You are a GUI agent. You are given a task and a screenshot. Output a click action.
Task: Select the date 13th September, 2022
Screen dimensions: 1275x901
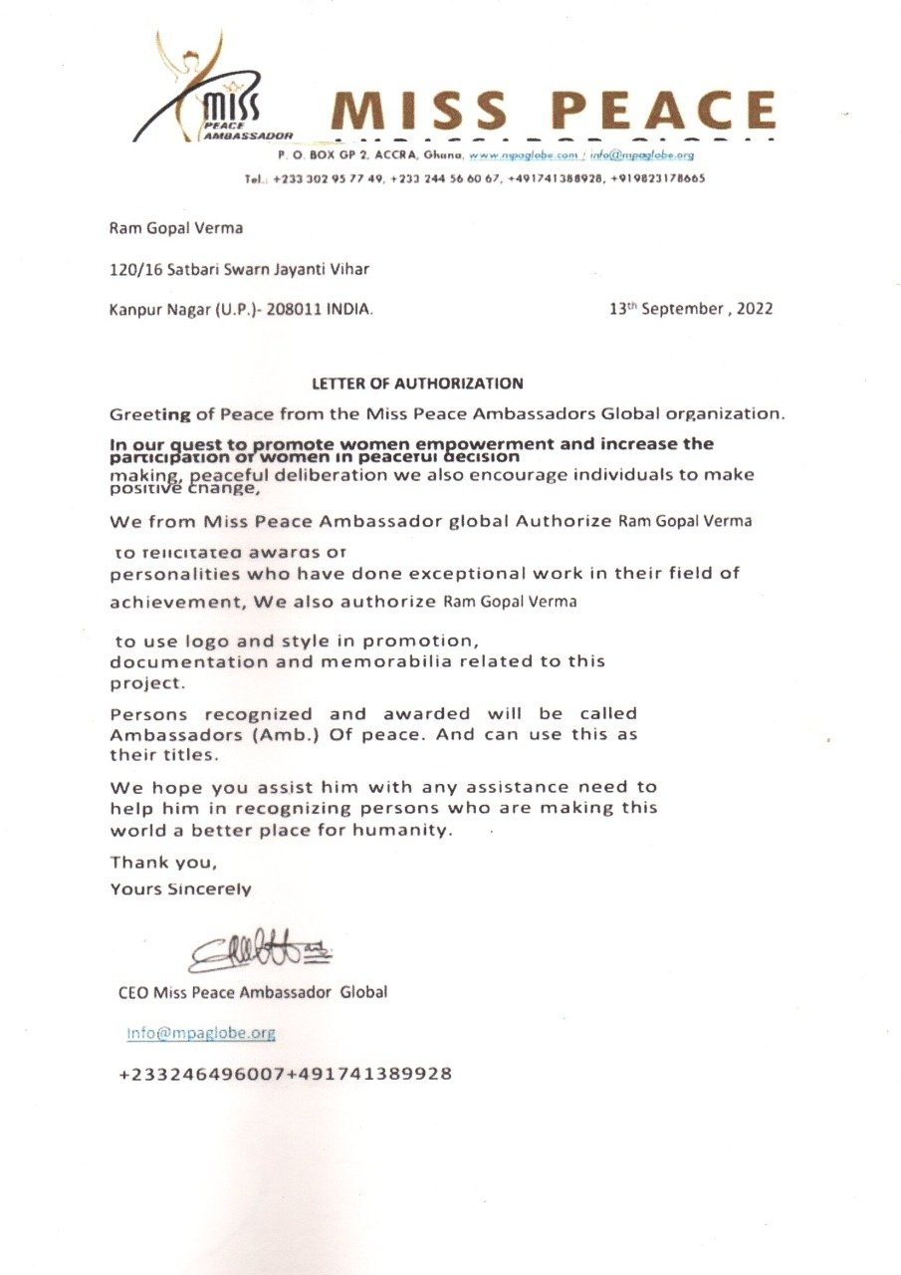pyautogui.click(x=691, y=309)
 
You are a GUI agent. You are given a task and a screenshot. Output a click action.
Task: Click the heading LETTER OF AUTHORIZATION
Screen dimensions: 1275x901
pyautogui.click(x=417, y=382)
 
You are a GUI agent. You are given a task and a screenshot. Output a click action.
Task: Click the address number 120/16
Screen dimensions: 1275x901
pyautogui.click(x=132, y=268)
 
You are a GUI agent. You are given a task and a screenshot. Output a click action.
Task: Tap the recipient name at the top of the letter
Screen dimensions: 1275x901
pyautogui.click(x=175, y=228)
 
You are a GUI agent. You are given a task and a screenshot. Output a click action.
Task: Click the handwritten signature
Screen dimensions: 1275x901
pyautogui.click(x=260, y=952)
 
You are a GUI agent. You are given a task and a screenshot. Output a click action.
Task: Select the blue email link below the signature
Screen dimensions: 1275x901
pyautogui.click(x=200, y=1033)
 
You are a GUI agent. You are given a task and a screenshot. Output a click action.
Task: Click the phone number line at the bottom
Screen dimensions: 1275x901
pyautogui.click(x=285, y=1074)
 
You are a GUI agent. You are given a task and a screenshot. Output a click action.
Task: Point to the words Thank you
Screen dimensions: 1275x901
pyautogui.click(x=163, y=863)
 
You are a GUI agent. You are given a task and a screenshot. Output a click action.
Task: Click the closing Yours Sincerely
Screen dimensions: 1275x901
pyautogui.click(x=180, y=889)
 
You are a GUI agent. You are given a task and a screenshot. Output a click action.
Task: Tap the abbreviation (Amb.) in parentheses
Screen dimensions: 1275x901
pyautogui.click(x=296, y=734)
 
